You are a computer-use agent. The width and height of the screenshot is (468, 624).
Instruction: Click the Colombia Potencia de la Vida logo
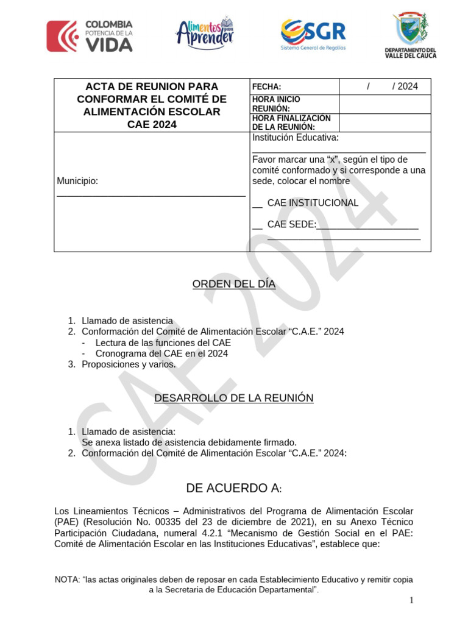click(x=90, y=36)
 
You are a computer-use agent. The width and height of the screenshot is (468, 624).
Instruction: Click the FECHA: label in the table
click(x=266, y=87)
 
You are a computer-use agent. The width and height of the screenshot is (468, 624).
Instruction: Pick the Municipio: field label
click(x=77, y=181)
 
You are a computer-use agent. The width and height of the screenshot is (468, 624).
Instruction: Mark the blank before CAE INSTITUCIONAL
click(x=257, y=204)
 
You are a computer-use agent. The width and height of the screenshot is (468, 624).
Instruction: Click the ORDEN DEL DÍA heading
click(x=234, y=284)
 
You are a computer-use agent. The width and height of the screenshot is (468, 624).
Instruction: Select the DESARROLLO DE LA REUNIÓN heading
click(x=234, y=398)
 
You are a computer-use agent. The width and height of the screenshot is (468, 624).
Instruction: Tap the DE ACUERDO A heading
click(x=234, y=488)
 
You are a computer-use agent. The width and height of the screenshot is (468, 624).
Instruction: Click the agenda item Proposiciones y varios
click(x=129, y=364)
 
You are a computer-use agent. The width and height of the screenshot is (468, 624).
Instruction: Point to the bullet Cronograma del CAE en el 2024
click(x=161, y=353)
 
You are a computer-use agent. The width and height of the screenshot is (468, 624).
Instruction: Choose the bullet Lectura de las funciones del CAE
click(x=163, y=342)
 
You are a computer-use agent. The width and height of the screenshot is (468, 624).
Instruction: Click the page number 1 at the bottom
click(x=412, y=601)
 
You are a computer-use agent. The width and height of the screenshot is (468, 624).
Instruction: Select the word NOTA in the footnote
click(x=66, y=580)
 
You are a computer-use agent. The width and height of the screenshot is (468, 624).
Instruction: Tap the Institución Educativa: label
click(x=296, y=138)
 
